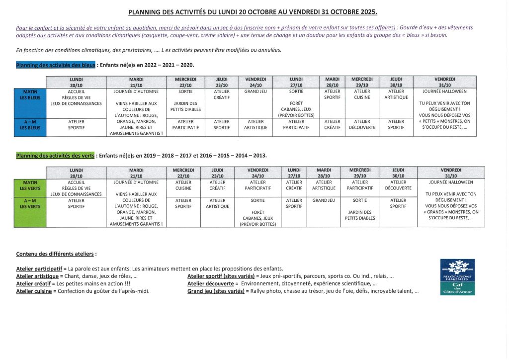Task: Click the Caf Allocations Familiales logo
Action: pos(457,276)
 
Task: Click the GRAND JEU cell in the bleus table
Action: pos(256,91)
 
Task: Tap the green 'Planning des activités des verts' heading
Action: pos(55,156)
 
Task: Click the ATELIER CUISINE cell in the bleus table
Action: pos(362,94)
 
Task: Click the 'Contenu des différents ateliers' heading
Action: pos(55,254)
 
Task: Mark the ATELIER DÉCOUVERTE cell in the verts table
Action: pos(398,185)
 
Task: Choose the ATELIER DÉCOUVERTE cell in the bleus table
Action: pos(362,124)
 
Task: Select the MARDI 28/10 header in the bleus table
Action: pos(332,82)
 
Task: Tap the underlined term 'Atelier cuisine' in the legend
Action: pos(34,291)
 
